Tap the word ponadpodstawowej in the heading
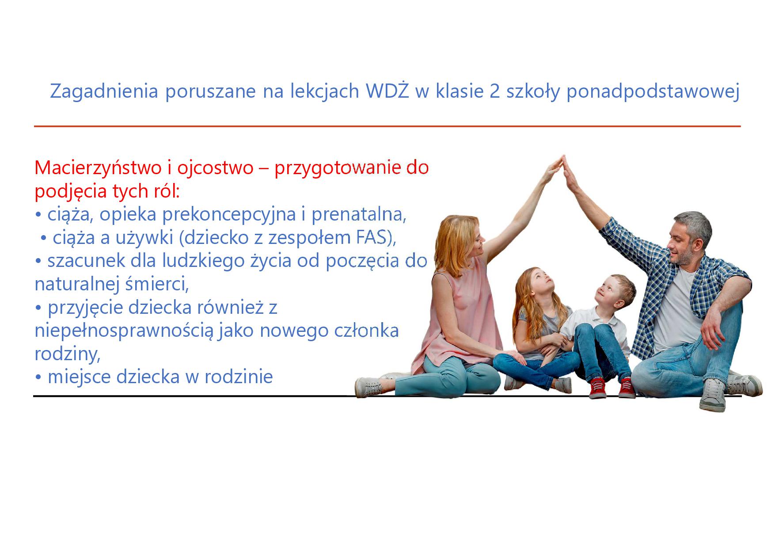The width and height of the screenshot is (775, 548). click(653, 92)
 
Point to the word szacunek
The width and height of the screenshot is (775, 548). click(86, 261)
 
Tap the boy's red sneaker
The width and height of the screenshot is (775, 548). click(598, 387)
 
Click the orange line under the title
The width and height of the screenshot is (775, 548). click(387, 126)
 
